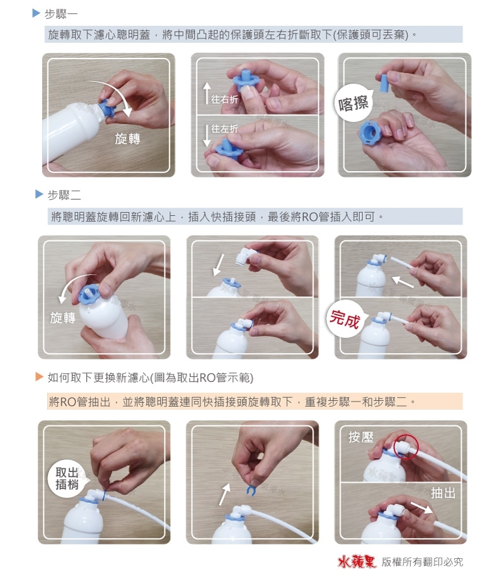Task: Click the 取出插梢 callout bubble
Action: [67, 478]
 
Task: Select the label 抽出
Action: [443, 493]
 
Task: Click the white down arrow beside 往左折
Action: [205, 134]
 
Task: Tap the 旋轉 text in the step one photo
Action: [127, 138]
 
